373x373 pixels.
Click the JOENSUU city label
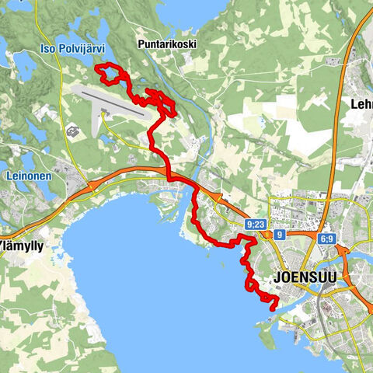click(302, 277)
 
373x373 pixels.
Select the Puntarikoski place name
click(167, 44)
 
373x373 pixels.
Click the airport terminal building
click(104, 117)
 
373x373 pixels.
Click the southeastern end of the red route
click(272, 309)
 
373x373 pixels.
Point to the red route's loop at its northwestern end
click(108, 74)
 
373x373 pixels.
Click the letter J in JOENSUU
click(277, 277)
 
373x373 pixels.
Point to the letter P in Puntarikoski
click(140, 44)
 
